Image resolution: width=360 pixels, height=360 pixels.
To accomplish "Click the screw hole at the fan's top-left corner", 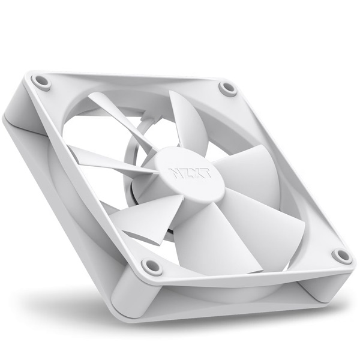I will click(41, 81).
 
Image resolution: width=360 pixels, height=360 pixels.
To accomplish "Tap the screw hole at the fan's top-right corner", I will click(228, 88).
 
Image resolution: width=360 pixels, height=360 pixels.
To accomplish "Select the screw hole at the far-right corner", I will click(342, 256).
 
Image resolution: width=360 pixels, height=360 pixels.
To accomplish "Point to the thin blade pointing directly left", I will click(102, 157).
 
